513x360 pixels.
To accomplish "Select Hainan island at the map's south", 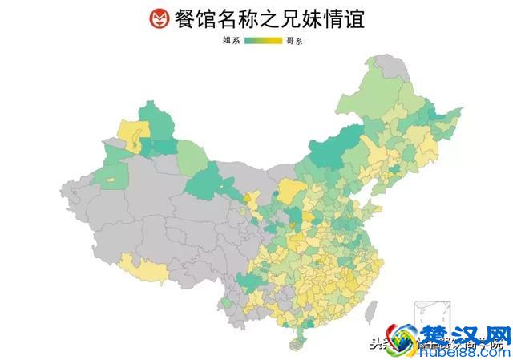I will point(298,343).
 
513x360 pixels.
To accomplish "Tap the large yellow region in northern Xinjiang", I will point(130,131).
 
